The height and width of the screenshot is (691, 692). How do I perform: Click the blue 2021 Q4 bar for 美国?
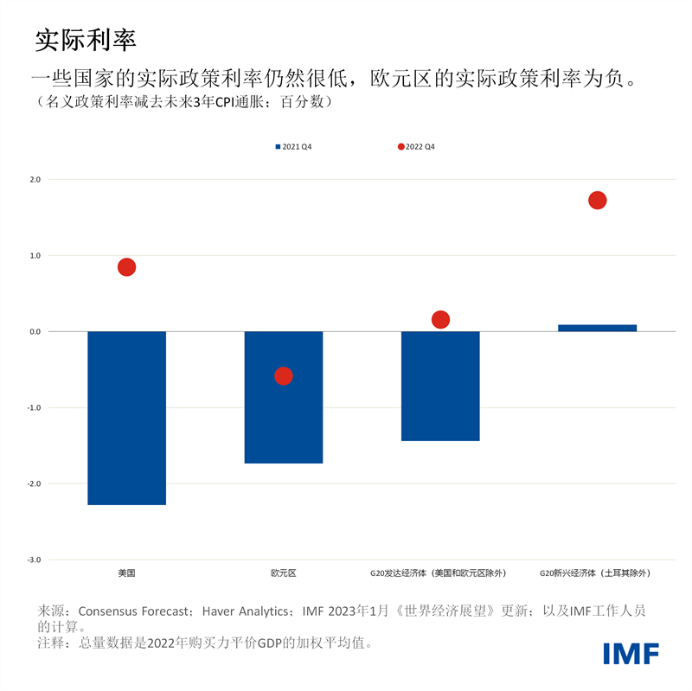tap(126, 418)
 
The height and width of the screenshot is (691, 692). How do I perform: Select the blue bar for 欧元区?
tap(284, 397)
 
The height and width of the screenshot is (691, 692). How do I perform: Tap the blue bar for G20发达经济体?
tap(440, 386)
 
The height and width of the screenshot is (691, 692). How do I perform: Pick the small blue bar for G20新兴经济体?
tap(597, 328)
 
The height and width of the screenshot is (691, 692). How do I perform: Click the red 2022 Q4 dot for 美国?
tap(126, 267)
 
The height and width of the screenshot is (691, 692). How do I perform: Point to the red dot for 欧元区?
tap(284, 376)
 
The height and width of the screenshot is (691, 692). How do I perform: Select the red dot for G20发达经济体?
tap(440, 320)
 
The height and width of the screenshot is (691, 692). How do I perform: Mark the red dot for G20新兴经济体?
tap(597, 201)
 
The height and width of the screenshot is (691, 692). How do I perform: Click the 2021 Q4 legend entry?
tap(293, 147)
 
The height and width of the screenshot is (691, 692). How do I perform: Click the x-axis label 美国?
tap(126, 573)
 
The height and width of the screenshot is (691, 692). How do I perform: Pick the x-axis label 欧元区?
tap(284, 573)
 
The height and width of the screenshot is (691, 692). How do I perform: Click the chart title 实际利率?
tap(86, 39)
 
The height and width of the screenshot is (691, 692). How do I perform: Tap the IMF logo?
tap(631, 653)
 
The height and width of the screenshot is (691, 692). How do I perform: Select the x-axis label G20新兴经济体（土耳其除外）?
tap(595, 573)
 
